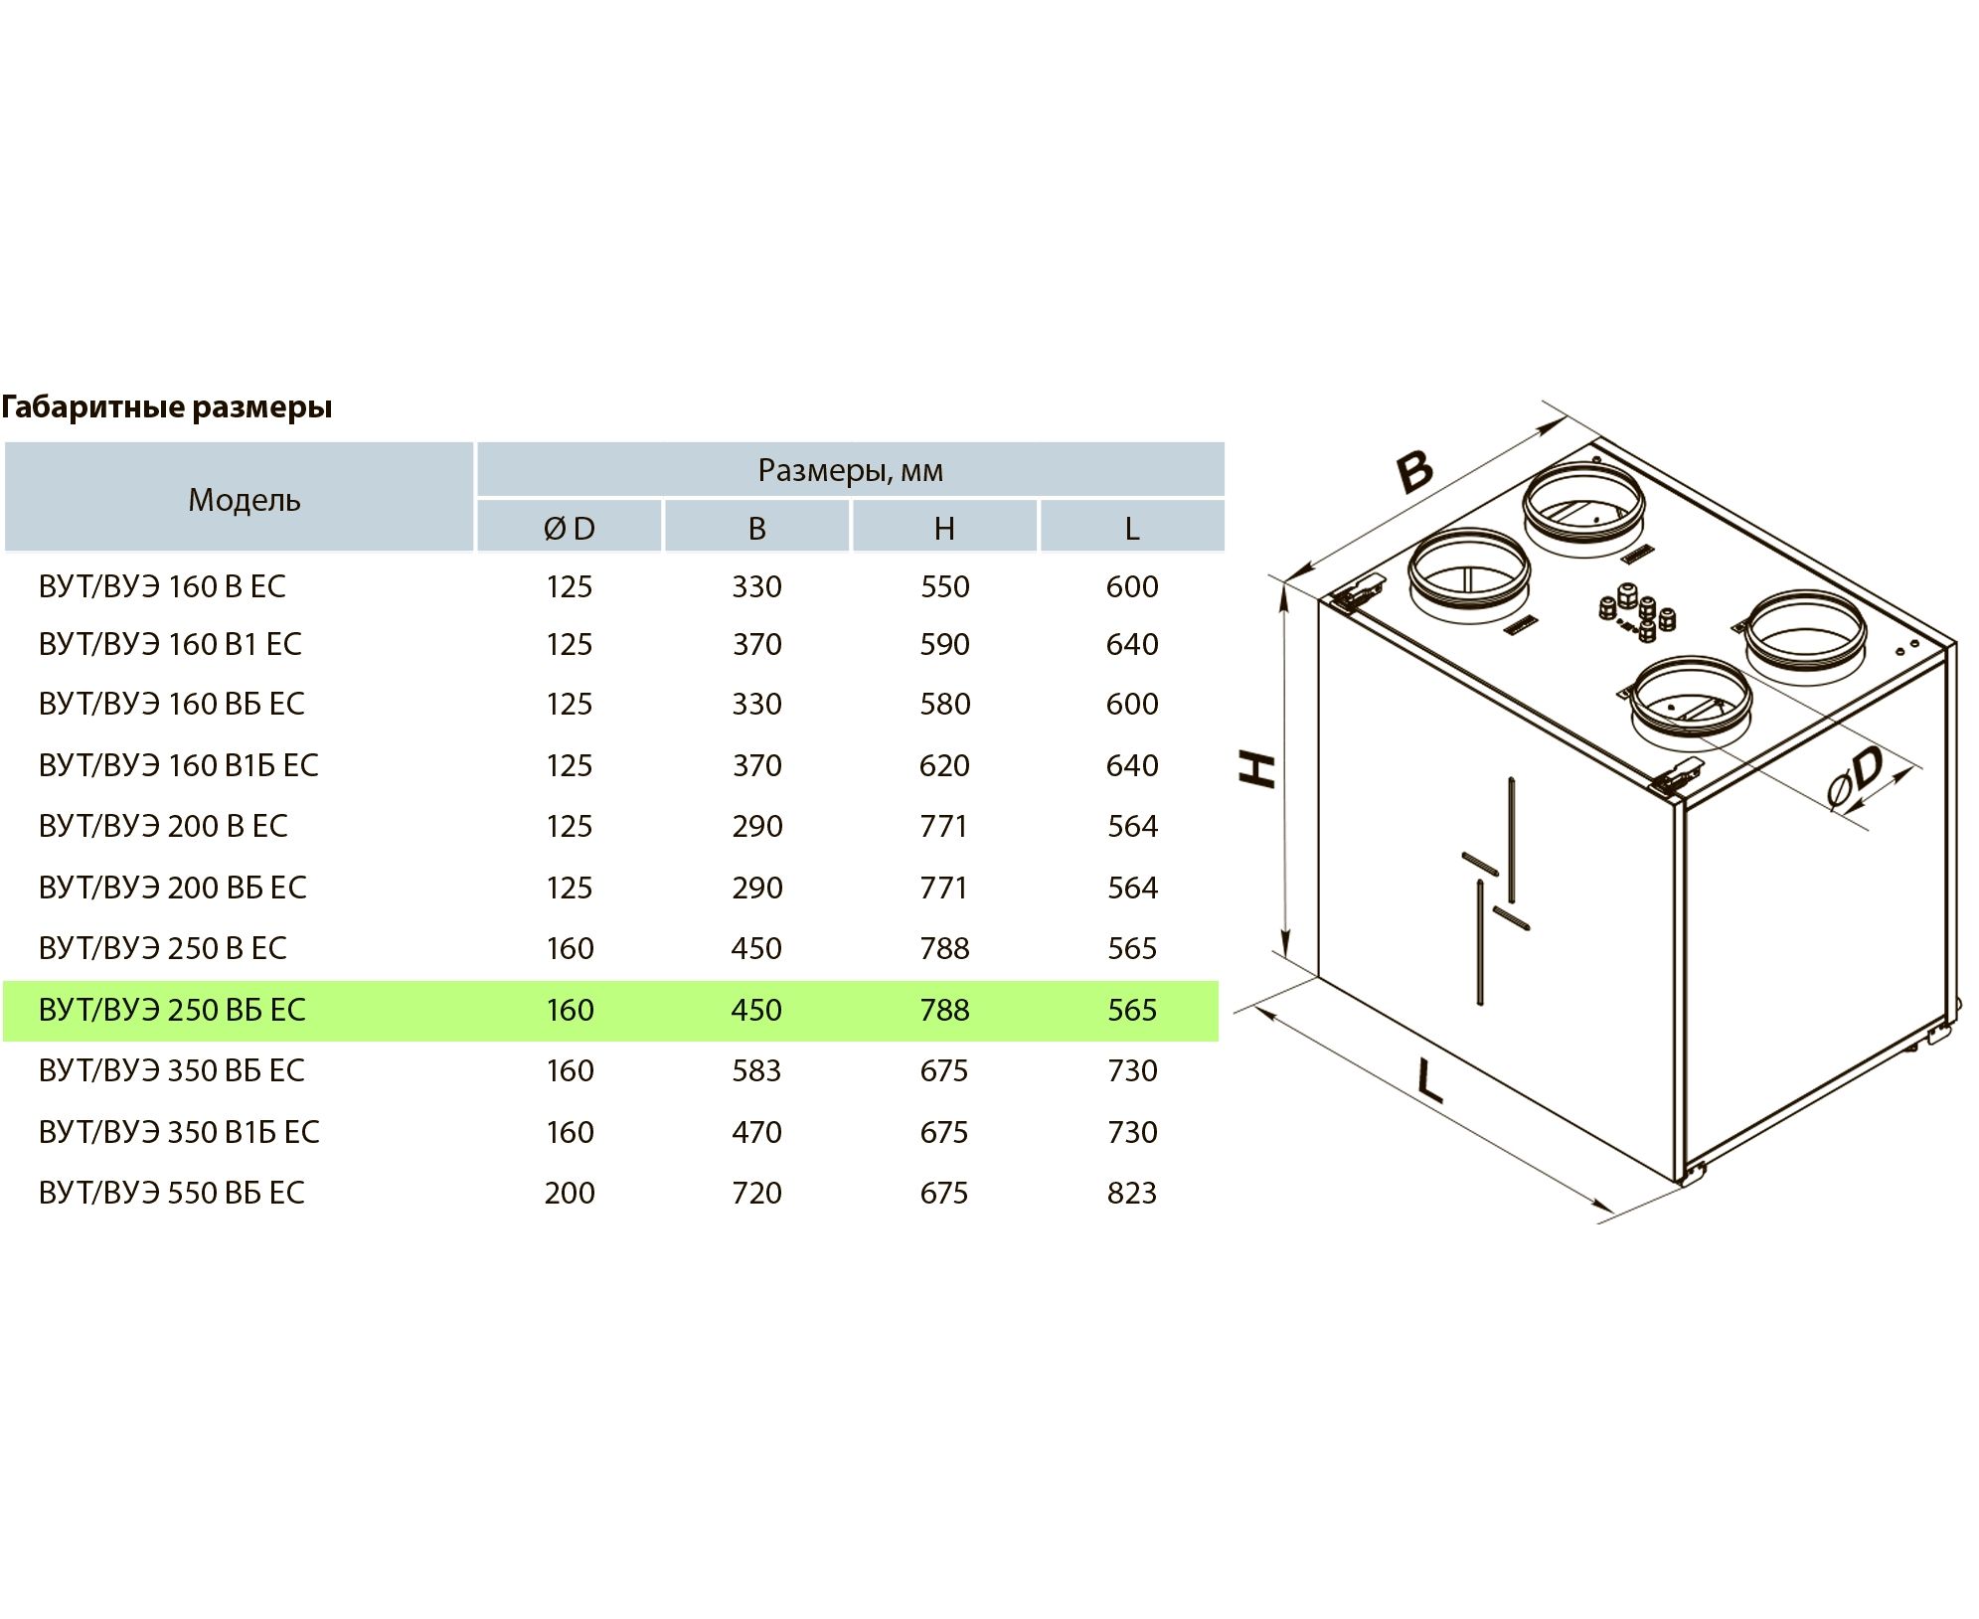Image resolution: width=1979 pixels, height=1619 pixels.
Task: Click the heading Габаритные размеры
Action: [166, 407]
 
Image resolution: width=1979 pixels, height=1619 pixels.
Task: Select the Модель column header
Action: [244, 500]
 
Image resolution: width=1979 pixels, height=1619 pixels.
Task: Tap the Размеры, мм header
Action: [850, 471]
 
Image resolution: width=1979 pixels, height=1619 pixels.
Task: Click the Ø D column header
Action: [569, 529]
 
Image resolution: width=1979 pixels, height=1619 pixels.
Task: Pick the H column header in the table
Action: [944, 529]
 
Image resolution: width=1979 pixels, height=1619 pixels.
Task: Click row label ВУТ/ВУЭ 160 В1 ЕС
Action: [169, 645]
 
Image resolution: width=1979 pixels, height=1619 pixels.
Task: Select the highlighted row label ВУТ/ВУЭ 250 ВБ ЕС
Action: [171, 1011]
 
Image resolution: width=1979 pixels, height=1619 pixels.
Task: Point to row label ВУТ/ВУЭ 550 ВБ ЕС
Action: [171, 1194]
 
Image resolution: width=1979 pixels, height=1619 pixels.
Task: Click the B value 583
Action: [756, 1071]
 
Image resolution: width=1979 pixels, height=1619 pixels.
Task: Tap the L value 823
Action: [1132, 1194]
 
